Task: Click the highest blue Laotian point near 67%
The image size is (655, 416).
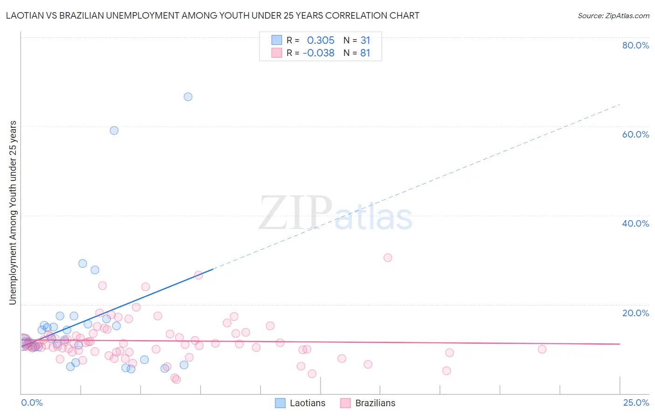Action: (188, 97)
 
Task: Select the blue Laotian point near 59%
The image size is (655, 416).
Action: (114, 131)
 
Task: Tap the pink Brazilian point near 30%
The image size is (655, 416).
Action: (388, 257)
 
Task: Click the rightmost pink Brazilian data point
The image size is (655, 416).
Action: (542, 349)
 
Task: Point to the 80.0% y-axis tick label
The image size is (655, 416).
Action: (635, 45)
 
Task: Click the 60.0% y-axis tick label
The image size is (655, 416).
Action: (635, 134)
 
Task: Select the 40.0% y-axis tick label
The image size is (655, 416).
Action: (635, 223)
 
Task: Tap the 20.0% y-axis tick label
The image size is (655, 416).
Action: (635, 313)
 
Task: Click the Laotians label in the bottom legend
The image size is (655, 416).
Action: (307, 403)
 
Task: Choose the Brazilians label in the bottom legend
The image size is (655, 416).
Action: (375, 403)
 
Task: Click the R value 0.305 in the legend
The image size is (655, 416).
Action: (321, 41)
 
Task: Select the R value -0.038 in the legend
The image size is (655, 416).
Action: (319, 53)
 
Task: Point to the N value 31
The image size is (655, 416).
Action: (365, 41)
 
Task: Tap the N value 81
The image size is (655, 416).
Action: (365, 53)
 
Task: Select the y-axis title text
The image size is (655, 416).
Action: (13, 213)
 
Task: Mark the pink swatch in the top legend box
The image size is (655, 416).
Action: (277, 53)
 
